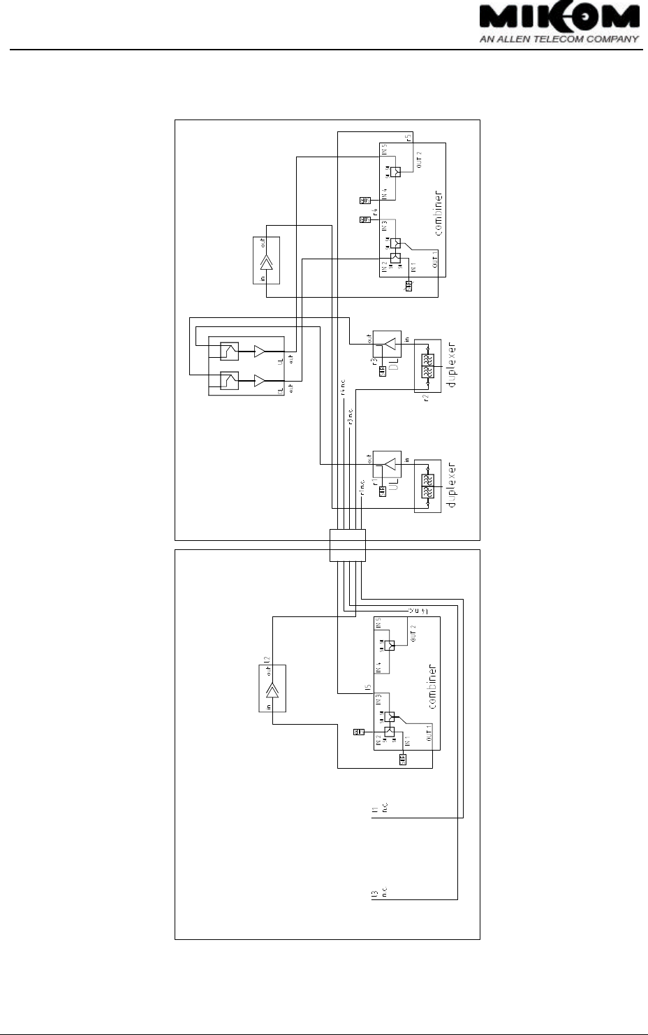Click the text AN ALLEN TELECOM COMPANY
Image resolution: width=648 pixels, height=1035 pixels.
point(559,39)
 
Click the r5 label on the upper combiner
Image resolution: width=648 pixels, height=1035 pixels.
point(408,137)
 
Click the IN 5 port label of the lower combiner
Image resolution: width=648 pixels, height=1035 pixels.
point(378,623)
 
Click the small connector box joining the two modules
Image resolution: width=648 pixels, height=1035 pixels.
point(347,545)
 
